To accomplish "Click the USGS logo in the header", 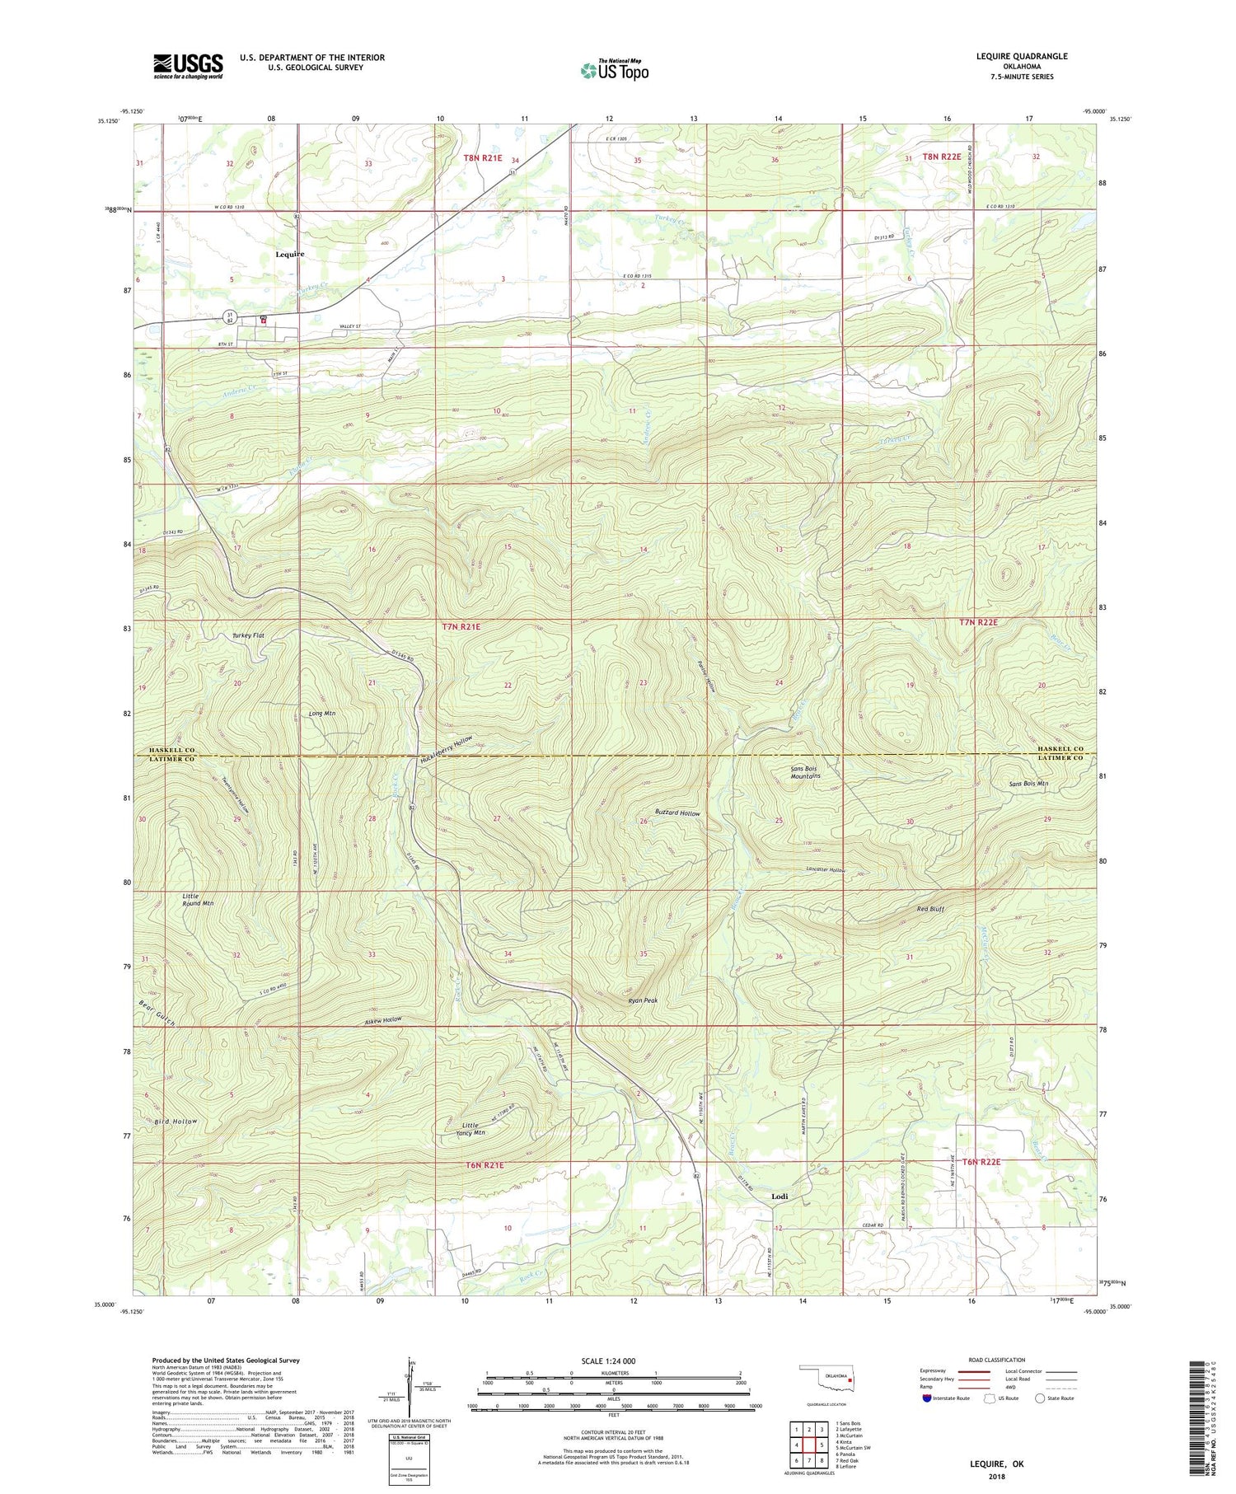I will pyautogui.click(x=188, y=66).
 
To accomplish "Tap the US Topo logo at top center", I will pyautogui.click(x=614, y=70).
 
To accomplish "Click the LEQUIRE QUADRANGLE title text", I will pyautogui.click(x=1013, y=56).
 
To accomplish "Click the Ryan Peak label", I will pyautogui.click(x=643, y=1000).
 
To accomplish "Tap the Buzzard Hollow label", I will pyautogui.click(x=677, y=813).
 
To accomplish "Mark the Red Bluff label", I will pyautogui.click(x=930, y=909).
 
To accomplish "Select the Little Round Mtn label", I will pyautogui.click(x=198, y=899).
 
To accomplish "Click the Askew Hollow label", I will pyautogui.click(x=382, y=1020).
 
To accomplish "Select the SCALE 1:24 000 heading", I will pyautogui.click(x=614, y=1361).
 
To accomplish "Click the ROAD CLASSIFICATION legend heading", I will pyautogui.click(x=997, y=1360).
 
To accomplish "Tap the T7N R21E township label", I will pyautogui.click(x=461, y=627).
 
